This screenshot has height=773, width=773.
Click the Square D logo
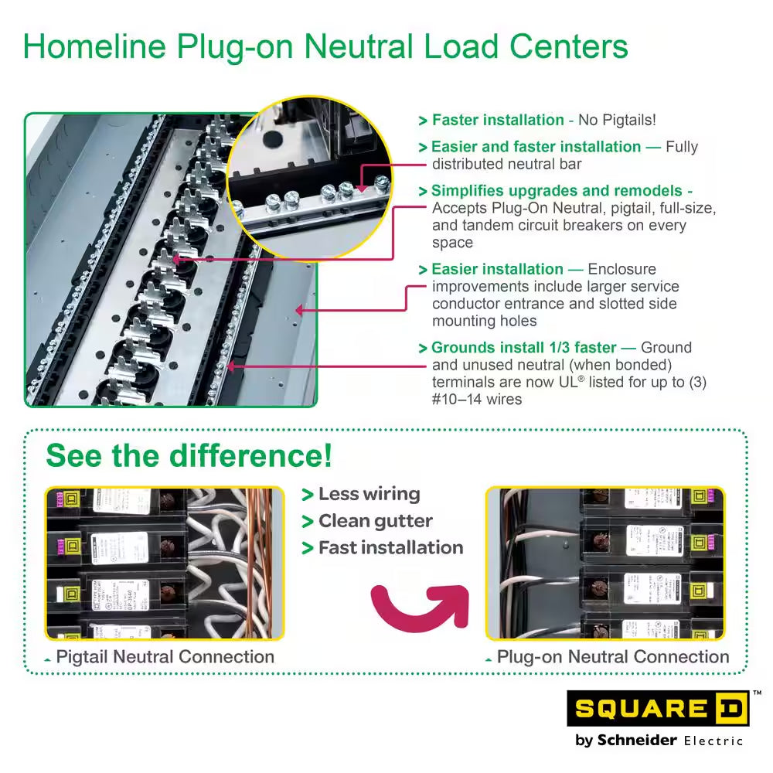tap(658, 708)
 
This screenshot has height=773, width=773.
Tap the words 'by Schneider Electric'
tap(659, 740)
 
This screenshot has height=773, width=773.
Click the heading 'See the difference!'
tap(189, 455)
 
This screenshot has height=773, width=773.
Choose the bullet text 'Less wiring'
tap(369, 494)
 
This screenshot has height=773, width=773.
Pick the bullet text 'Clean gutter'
tap(376, 521)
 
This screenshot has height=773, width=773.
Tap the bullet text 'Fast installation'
tap(390, 547)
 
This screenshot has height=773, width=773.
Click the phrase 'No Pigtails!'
tap(618, 120)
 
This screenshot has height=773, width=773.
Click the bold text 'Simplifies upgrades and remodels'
tap(557, 191)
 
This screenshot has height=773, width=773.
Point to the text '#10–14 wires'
tap(477, 399)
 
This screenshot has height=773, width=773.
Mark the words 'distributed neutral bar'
tap(506, 164)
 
